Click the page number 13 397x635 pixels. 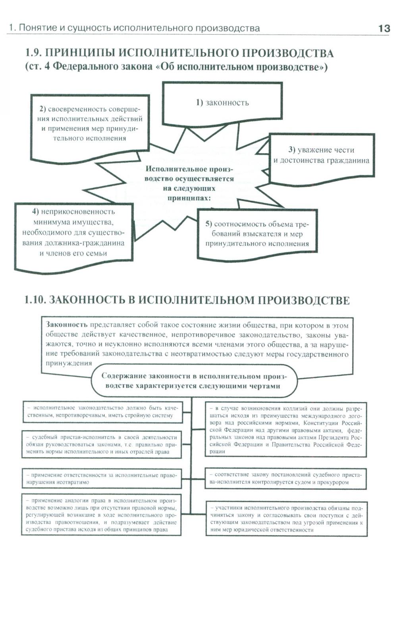pyautogui.click(x=384, y=29)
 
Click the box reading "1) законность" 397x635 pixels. pyautogui.click(x=222, y=103)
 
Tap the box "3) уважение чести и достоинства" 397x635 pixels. pyautogui.click(x=322, y=156)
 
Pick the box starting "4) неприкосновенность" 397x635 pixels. pyautogui.click(x=73, y=233)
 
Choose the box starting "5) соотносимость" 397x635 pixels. pyautogui.click(x=257, y=234)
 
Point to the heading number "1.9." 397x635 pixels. pyautogui.click(x=33, y=53)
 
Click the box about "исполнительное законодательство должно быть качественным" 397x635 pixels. pyautogui.click(x=102, y=412)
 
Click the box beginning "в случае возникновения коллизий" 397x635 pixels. pyautogui.click(x=286, y=430)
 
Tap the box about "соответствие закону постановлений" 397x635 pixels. pyautogui.click(x=286, y=478)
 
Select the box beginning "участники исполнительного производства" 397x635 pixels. pyautogui.click(x=286, y=519)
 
